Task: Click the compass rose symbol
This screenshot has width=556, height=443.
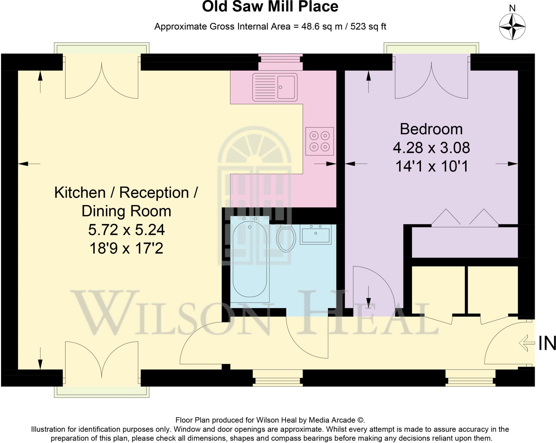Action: [x=512, y=27]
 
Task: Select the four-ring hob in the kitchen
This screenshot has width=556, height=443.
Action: [x=320, y=141]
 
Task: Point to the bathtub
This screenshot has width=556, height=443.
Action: [x=250, y=259]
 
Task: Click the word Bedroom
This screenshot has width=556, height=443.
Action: [x=431, y=129]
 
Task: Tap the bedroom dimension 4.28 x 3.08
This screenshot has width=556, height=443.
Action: [x=431, y=148]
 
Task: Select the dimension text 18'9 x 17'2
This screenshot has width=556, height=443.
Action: [x=126, y=248]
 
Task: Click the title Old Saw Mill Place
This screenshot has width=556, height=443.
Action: [x=270, y=7]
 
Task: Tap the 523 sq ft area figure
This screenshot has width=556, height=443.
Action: [x=368, y=27]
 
